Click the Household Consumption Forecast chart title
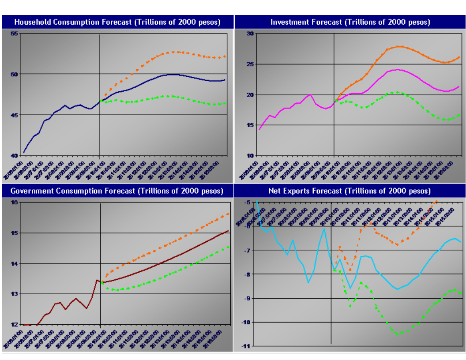coord(117,22)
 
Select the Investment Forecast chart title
coord(350,22)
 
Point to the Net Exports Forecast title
coord(349,191)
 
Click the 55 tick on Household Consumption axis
coord(14,34)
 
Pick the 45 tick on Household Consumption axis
coord(14,115)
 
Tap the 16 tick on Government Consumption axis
coord(14,202)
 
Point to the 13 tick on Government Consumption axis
coord(14,294)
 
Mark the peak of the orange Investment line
coord(399,46)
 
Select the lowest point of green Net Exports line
coord(398,334)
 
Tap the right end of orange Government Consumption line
coord(228,214)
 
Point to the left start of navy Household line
coord(24,153)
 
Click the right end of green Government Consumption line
coord(228,247)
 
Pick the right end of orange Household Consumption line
coord(225,56)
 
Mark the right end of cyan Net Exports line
coord(461,242)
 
